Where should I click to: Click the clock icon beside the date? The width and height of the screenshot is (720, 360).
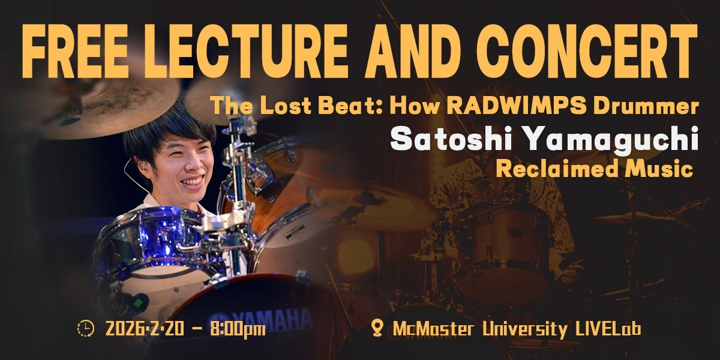(x=86, y=328)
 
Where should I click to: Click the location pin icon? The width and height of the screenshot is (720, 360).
(x=377, y=328)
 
